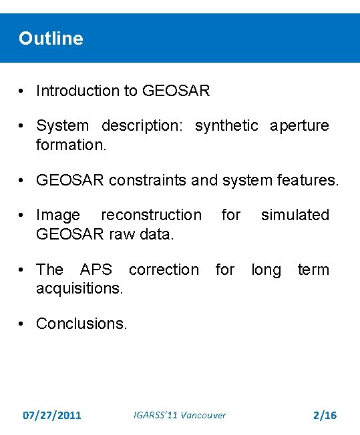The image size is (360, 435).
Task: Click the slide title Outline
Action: pos(51,39)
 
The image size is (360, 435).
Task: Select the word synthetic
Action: pos(226,125)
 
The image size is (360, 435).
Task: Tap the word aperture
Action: pos(299,125)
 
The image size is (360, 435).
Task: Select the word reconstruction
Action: pos(151,215)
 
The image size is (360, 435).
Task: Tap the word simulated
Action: pos(295,215)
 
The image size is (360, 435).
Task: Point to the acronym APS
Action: pos(96,270)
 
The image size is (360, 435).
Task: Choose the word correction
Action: pos(164,270)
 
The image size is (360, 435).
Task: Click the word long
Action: pos(266,270)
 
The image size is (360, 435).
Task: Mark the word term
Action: pos(313,270)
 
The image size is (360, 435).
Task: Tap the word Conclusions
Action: pos(81,324)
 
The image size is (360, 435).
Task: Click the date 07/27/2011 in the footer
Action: pos(52,416)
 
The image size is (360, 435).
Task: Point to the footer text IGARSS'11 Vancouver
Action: pos(180,416)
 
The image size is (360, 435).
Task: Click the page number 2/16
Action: pos(325,416)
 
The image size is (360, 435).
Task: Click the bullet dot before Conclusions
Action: pos(23,324)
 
